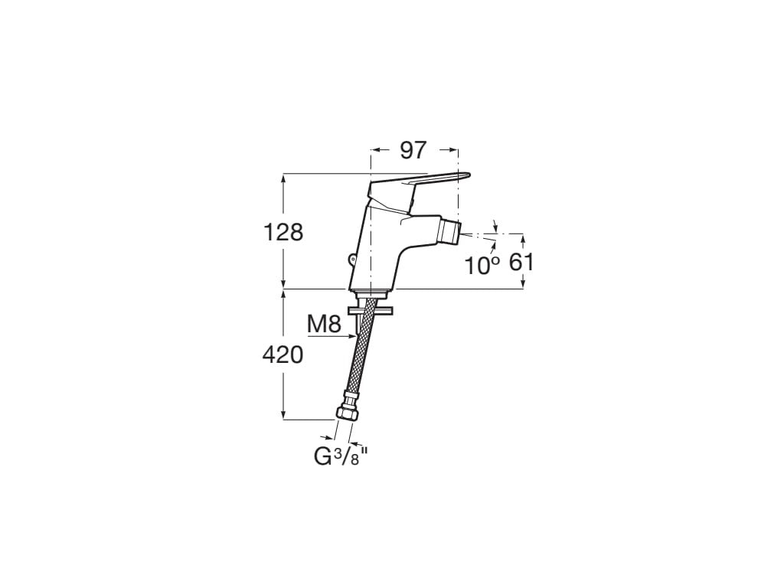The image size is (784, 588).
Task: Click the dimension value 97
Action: (x=413, y=151)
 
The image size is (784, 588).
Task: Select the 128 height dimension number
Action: (x=283, y=232)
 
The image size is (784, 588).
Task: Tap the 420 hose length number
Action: (x=283, y=354)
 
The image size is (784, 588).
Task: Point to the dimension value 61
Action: (x=521, y=263)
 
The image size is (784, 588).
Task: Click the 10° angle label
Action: (x=482, y=265)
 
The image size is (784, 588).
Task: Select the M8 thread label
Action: (x=324, y=324)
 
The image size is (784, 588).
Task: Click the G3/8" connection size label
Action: (x=341, y=457)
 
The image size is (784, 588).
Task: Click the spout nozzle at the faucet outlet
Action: (x=451, y=230)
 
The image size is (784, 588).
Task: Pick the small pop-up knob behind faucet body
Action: (x=352, y=260)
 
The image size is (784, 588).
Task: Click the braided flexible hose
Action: (x=362, y=352)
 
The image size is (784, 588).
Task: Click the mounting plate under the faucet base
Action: (x=370, y=310)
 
